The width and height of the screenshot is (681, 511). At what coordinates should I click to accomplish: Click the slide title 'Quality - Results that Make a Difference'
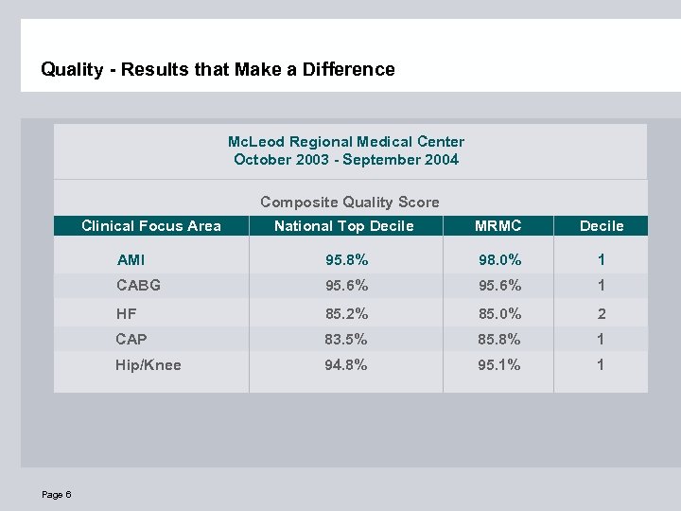tap(218, 69)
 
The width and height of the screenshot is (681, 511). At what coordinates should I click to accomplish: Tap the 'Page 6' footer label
tap(56, 495)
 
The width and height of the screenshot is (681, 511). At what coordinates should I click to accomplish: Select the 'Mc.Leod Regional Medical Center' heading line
tap(346, 141)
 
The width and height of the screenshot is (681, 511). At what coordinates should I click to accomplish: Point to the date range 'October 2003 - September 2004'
tap(346, 159)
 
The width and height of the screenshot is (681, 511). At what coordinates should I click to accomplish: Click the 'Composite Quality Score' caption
tap(349, 202)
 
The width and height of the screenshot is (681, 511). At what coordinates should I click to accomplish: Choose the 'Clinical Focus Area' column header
tap(151, 225)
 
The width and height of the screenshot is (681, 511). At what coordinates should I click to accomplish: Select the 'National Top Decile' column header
tap(343, 225)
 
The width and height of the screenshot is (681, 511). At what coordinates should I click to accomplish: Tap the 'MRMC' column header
tap(498, 225)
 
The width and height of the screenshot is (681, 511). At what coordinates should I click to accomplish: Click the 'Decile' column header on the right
tap(602, 225)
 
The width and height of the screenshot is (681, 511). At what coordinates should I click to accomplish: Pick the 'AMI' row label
tap(131, 259)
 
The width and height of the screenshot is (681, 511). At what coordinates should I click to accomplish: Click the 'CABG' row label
tap(138, 285)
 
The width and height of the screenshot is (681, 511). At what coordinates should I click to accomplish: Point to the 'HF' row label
tap(126, 313)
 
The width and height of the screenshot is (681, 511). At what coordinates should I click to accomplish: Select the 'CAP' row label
tap(131, 339)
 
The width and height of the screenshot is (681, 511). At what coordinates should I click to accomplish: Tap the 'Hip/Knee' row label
tap(148, 364)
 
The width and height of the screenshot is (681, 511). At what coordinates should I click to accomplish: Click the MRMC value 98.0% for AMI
tap(498, 259)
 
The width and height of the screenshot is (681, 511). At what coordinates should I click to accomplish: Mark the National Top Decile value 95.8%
tap(347, 259)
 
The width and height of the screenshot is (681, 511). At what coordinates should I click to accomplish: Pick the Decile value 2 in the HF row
tap(602, 313)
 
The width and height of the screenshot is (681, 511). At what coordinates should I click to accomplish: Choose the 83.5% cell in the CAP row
tap(347, 339)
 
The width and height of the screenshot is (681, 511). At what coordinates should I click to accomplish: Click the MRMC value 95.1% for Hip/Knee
tap(498, 364)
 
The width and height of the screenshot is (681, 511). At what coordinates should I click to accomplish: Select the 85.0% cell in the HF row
tap(498, 313)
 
